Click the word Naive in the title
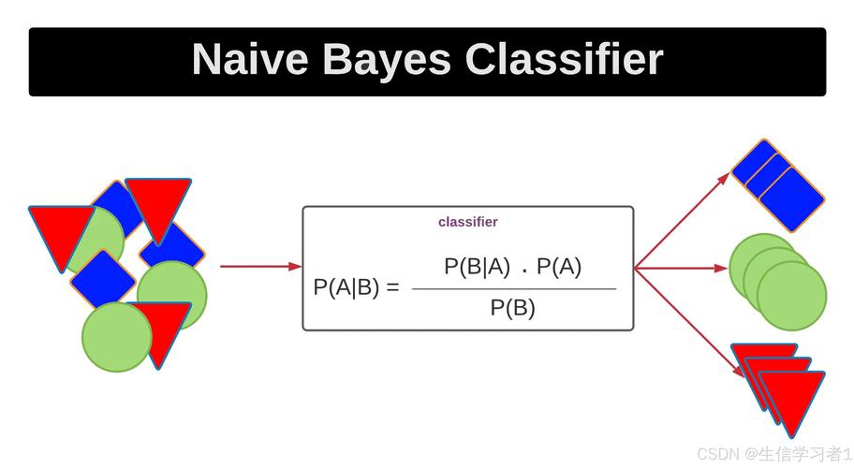[250, 60]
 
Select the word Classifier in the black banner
[564, 60]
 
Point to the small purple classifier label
[467, 222]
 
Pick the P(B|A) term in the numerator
[477, 267]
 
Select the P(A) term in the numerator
[559, 267]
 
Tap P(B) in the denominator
[512, 308]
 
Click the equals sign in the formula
[391, 288]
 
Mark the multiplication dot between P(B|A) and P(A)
[524, 271]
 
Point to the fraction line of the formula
[514, 288]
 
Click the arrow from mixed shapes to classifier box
[259, 267]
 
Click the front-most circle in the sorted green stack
[792, 296]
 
